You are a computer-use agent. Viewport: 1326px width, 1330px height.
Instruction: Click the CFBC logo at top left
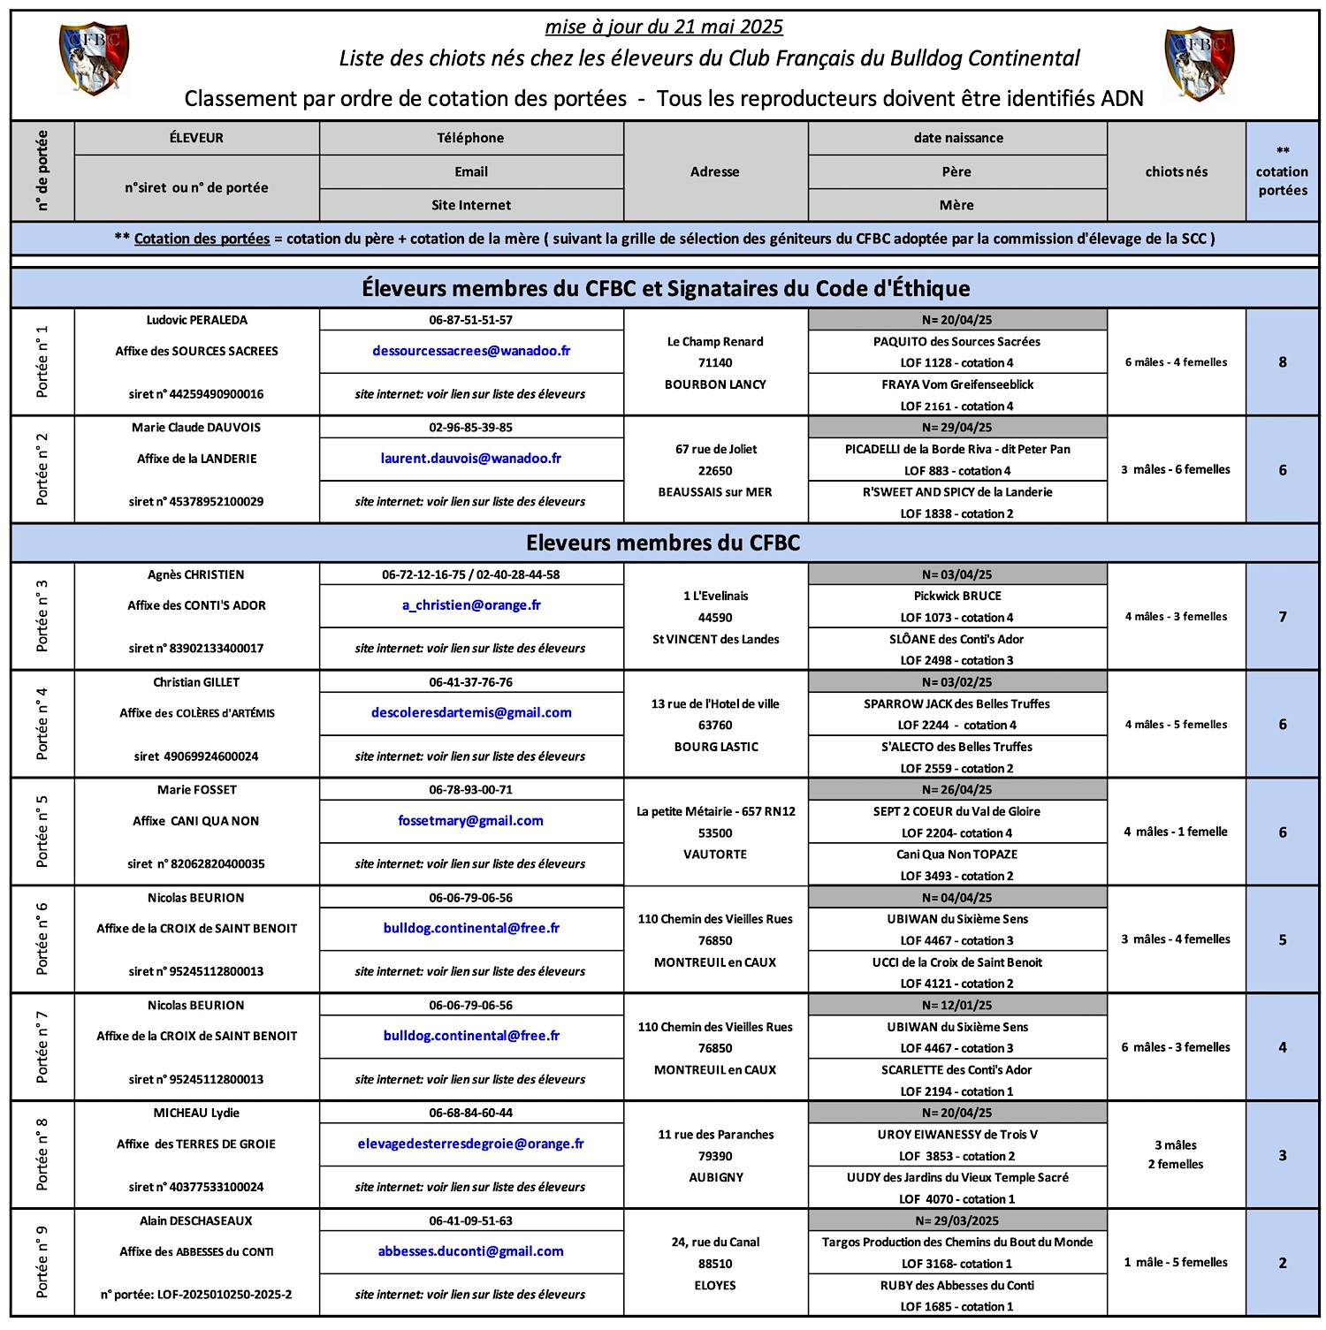coord(94,58)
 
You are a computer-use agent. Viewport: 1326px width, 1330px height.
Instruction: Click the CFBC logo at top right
coord(1200,63)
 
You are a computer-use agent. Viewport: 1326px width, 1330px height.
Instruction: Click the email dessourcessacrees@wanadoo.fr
coord(471,351)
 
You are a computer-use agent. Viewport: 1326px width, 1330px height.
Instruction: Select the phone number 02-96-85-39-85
coord(471,428)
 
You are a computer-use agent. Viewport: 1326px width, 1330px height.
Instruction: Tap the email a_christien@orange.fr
coord(471,605)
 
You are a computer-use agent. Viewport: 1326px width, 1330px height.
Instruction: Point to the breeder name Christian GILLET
coord(196,682)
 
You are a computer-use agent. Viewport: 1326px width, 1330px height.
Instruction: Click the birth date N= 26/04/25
coord(956,790)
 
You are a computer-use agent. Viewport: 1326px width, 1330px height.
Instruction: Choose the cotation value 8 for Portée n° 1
coord(1282,362)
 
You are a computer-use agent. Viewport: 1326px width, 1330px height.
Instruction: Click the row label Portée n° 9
coord(42,1262)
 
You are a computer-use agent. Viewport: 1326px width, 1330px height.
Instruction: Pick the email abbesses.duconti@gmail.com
coord(471,1251)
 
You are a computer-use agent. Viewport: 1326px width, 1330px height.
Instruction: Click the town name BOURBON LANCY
coord(715,384)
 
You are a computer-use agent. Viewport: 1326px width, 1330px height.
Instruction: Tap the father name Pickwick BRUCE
coord(957,597)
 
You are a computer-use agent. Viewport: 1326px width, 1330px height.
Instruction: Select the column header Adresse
coord(715,171)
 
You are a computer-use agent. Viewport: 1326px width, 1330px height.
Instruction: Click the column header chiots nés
coord(1176,171)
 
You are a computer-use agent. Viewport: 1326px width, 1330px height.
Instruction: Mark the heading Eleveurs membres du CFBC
coord(663,543)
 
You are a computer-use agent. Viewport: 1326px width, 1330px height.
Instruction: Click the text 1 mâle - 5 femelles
coord(1176,1263)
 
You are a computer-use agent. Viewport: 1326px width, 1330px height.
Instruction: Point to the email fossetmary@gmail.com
coord(471,821)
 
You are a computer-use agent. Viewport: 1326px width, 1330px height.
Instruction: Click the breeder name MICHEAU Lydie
coord(196,1113)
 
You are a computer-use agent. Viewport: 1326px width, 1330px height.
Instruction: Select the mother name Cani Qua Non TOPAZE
coord(956,855)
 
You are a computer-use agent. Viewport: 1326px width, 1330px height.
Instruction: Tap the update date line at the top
coord(664,27)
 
